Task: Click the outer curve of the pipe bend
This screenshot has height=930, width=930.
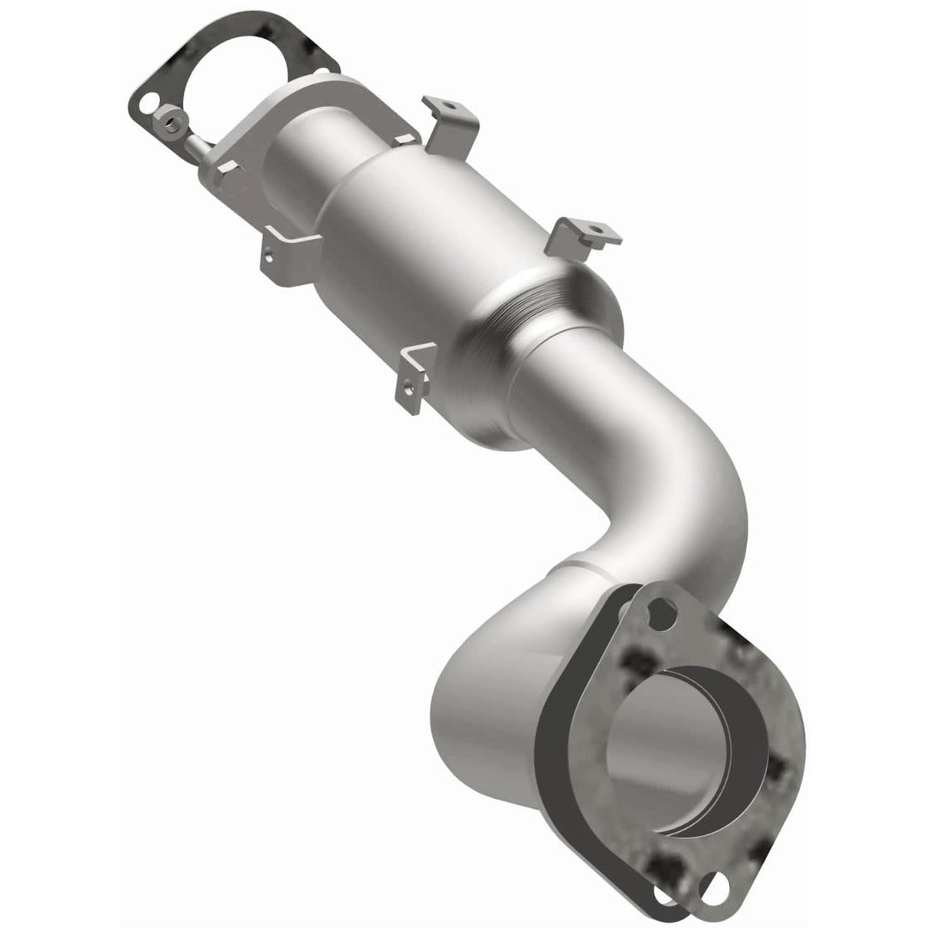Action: tap(712, 490)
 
